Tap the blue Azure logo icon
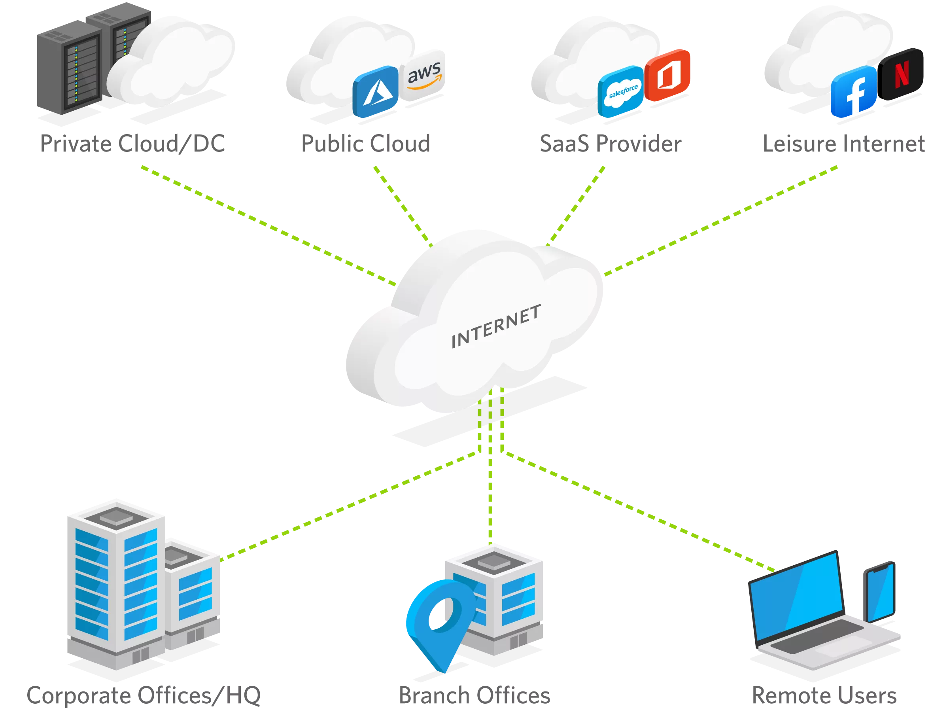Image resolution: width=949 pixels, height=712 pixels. click(x=376, y=91)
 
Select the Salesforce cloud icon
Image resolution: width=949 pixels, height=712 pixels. click(x=621, y=91)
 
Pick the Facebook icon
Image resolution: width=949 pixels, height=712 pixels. click(x=854, y=91)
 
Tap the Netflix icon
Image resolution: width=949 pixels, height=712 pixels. click(x=901, y=74)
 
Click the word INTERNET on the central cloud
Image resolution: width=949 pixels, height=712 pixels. click(x=496, y=326)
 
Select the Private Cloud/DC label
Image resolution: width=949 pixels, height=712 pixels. click(x=133, y=143)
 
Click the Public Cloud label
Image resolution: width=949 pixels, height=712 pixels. click(x=365, y=143)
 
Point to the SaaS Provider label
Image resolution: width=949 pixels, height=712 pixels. click(x=610, y=143)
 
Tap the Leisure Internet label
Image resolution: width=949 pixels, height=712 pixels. click(x=844, y=143)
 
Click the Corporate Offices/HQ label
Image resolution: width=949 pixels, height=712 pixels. click(x=144, y=695)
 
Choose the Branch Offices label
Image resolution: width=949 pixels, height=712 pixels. click(x=474, y=695)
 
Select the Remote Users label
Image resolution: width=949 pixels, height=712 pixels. click(x=825, y=695)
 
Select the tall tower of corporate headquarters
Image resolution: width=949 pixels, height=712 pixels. click(x=116, y=584)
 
